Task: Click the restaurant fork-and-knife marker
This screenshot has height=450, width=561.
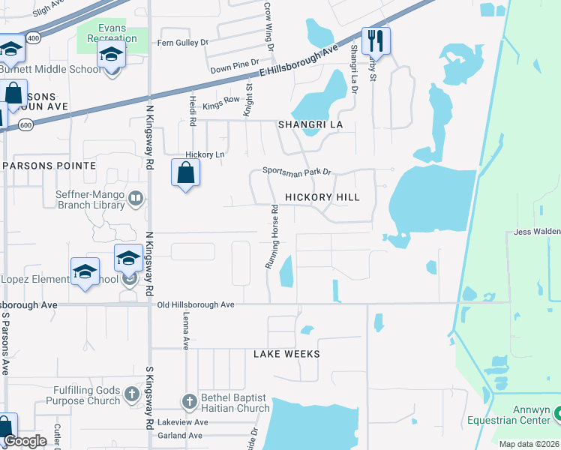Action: (x=376, y=40)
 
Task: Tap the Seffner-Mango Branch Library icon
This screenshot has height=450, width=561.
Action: (x=136, y=199)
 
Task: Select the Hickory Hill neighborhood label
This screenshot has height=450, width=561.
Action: (x=322, y=197)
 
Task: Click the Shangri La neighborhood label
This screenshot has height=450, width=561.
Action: (x=310, y=124)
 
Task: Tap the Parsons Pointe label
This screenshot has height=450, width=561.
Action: (x=49, y=165)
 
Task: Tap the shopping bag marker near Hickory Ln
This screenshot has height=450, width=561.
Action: (x=185, y=173)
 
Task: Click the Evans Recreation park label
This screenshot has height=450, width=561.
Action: (x=112, y=33)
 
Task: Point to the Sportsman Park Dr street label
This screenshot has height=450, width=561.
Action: (x=297, y=172)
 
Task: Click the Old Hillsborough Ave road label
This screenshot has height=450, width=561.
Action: (x=196, y=305)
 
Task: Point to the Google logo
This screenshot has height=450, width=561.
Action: (x=25, y=441)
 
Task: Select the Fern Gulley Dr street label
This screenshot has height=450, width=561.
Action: (x=182, y=43)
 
